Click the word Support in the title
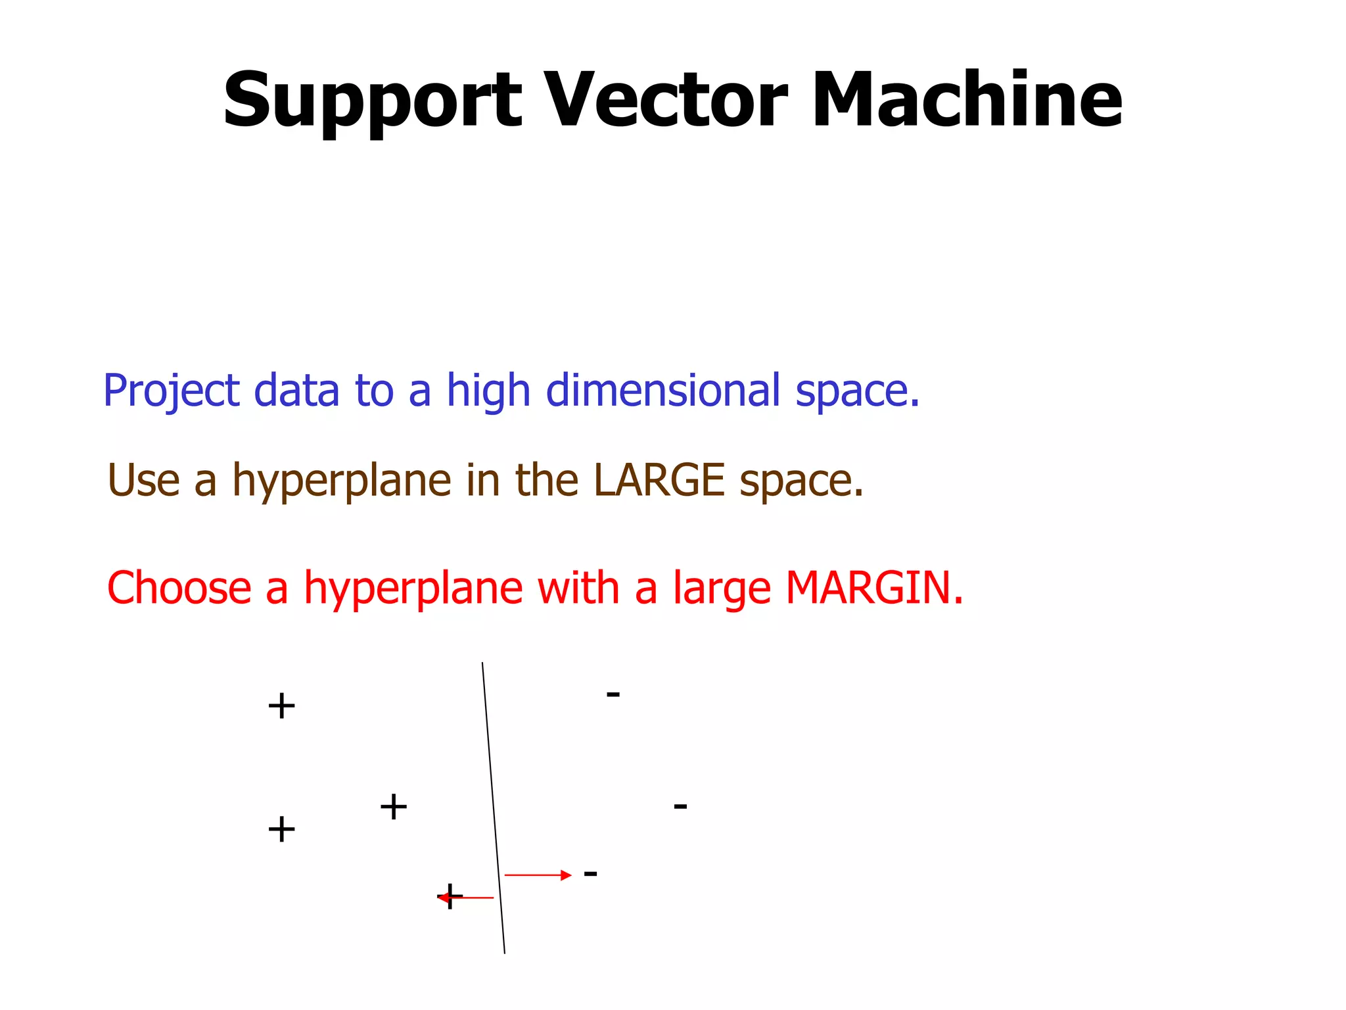372,102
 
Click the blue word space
857,392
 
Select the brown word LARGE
659,480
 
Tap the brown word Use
143,480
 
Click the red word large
721,589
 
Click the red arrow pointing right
537,875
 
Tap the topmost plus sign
281,707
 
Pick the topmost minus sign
613,694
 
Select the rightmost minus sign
680,806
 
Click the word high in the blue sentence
488,392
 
